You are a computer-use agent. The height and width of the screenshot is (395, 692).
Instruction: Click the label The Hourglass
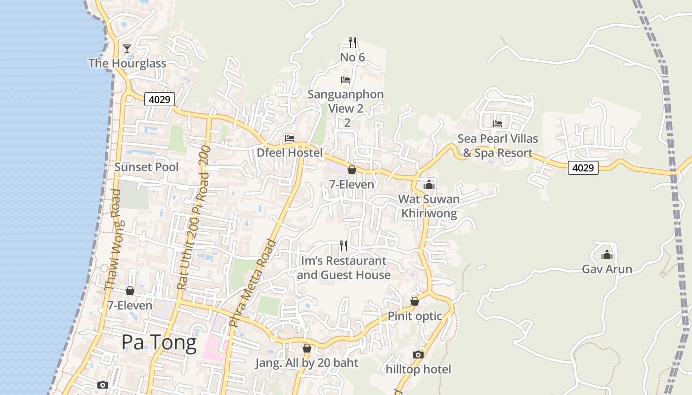point(127,63)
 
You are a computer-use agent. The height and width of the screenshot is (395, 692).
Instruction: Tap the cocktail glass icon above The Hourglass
point(127,48)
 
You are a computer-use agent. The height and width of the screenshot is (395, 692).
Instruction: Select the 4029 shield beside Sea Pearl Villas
point(583,168)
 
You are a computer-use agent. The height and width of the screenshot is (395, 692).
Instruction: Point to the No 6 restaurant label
point(352,57)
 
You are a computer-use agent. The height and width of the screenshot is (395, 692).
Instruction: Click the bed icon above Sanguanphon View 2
point(346,79)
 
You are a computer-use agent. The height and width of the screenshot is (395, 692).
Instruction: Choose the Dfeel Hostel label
point(289,153)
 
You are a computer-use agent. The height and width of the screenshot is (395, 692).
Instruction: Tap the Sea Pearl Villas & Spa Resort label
point(497,146)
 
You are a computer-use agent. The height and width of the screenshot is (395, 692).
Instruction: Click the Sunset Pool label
point(146,167)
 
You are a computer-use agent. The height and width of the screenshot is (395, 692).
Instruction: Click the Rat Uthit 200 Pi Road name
point(193,217)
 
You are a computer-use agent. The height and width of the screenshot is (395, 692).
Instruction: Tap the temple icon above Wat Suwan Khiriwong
point(429,185)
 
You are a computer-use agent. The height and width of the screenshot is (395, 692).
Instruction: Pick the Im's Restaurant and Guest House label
point(344,268)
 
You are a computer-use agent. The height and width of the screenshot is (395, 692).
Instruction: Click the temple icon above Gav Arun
point(606,255)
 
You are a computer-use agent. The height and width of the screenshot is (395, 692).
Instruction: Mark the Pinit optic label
point(414,316)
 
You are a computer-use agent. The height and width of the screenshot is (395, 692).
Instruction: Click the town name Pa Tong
point(159,342)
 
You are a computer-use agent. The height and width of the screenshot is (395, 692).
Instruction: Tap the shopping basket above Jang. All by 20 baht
point(306,349)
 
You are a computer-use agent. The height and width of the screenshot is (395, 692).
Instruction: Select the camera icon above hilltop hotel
point(418,355)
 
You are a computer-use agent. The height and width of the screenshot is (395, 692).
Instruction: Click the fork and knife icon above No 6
point(352,42)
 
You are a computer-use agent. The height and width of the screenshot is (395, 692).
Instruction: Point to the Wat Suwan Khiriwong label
point(429,206)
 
